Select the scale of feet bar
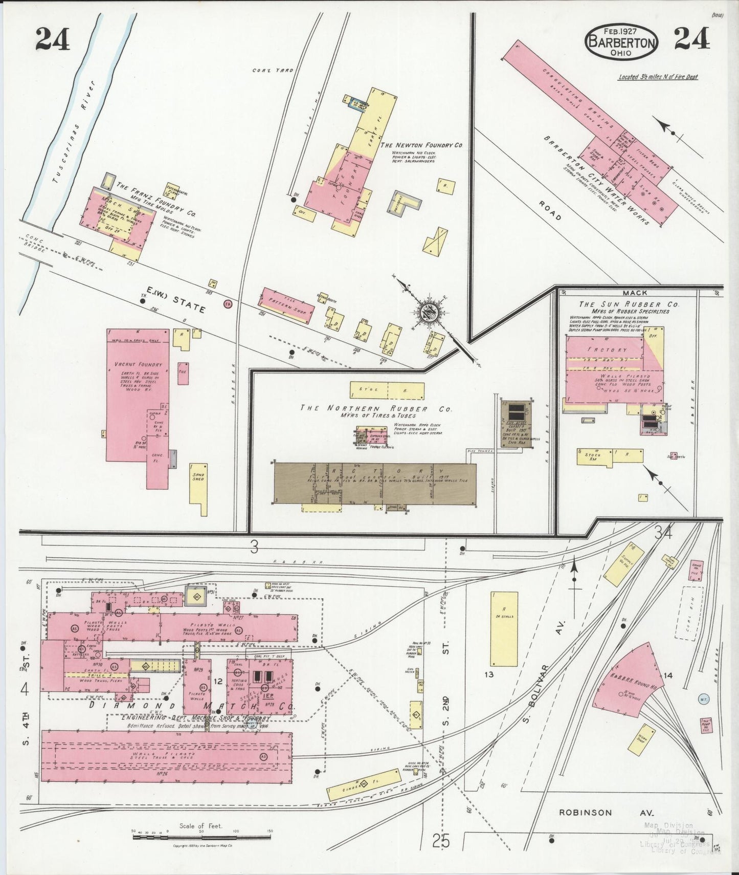(x=201, y=837)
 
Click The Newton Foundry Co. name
(x=421, y=145)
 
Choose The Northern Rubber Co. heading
(x=376, y=408)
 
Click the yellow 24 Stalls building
(x=504, y=628)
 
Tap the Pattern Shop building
(x=287, y=306)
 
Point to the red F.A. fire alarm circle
(x=228, y=303)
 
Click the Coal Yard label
(x=273, y=70)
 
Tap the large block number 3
(x=254, y=548)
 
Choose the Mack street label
(x=635, y=293)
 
